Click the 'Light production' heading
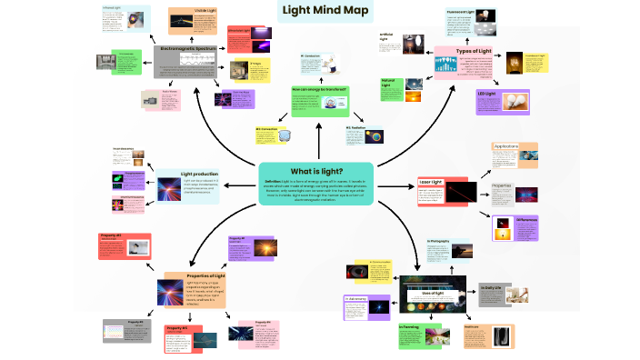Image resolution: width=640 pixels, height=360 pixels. coord(199,173)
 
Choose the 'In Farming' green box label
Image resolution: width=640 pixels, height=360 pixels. coord(408,325)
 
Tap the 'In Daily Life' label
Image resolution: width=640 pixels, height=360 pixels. coord(492,288)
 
